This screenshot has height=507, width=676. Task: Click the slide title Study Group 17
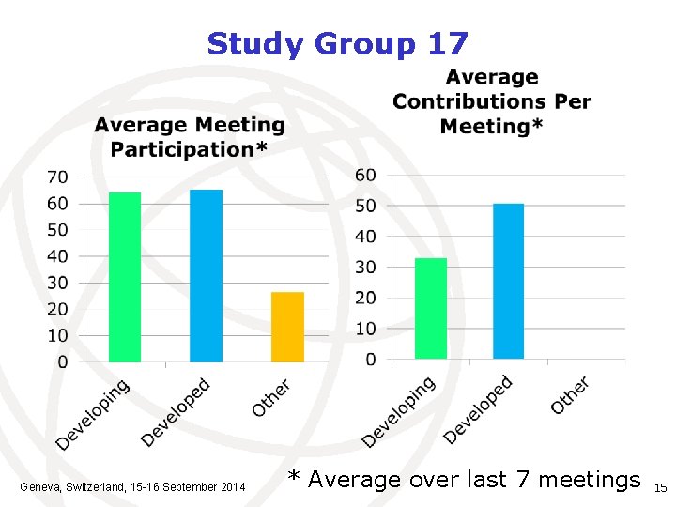coord(337,43)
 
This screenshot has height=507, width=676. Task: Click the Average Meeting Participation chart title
coord(190,137)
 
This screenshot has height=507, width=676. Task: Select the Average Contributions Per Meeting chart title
coord(492,101)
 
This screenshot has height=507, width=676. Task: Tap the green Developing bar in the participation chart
coord(125,277)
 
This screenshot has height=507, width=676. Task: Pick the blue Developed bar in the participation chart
coord(206,276)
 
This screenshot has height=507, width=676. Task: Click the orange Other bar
coord(287,327)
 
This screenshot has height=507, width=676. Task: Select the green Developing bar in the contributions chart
coord(431,308)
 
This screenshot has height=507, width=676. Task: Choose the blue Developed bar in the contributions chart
coord(508,281)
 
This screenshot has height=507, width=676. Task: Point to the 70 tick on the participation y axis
coord(57,177)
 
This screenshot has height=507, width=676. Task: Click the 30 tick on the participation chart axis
coord(57,283)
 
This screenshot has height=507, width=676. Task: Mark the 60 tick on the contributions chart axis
coord(365,175)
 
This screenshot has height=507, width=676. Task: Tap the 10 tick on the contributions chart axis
coord(365,329)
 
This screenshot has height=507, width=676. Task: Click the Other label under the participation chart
coord(271,398)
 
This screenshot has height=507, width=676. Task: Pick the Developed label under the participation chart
coord(177,412)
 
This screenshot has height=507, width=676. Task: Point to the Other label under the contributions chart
coord(570,395)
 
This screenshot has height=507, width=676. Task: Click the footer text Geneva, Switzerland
coord(132,486)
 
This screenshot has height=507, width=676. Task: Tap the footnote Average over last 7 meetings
coord(464,480)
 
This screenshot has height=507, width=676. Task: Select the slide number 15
coord(660,488)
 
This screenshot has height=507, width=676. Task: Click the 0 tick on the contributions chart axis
coord(370,360)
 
